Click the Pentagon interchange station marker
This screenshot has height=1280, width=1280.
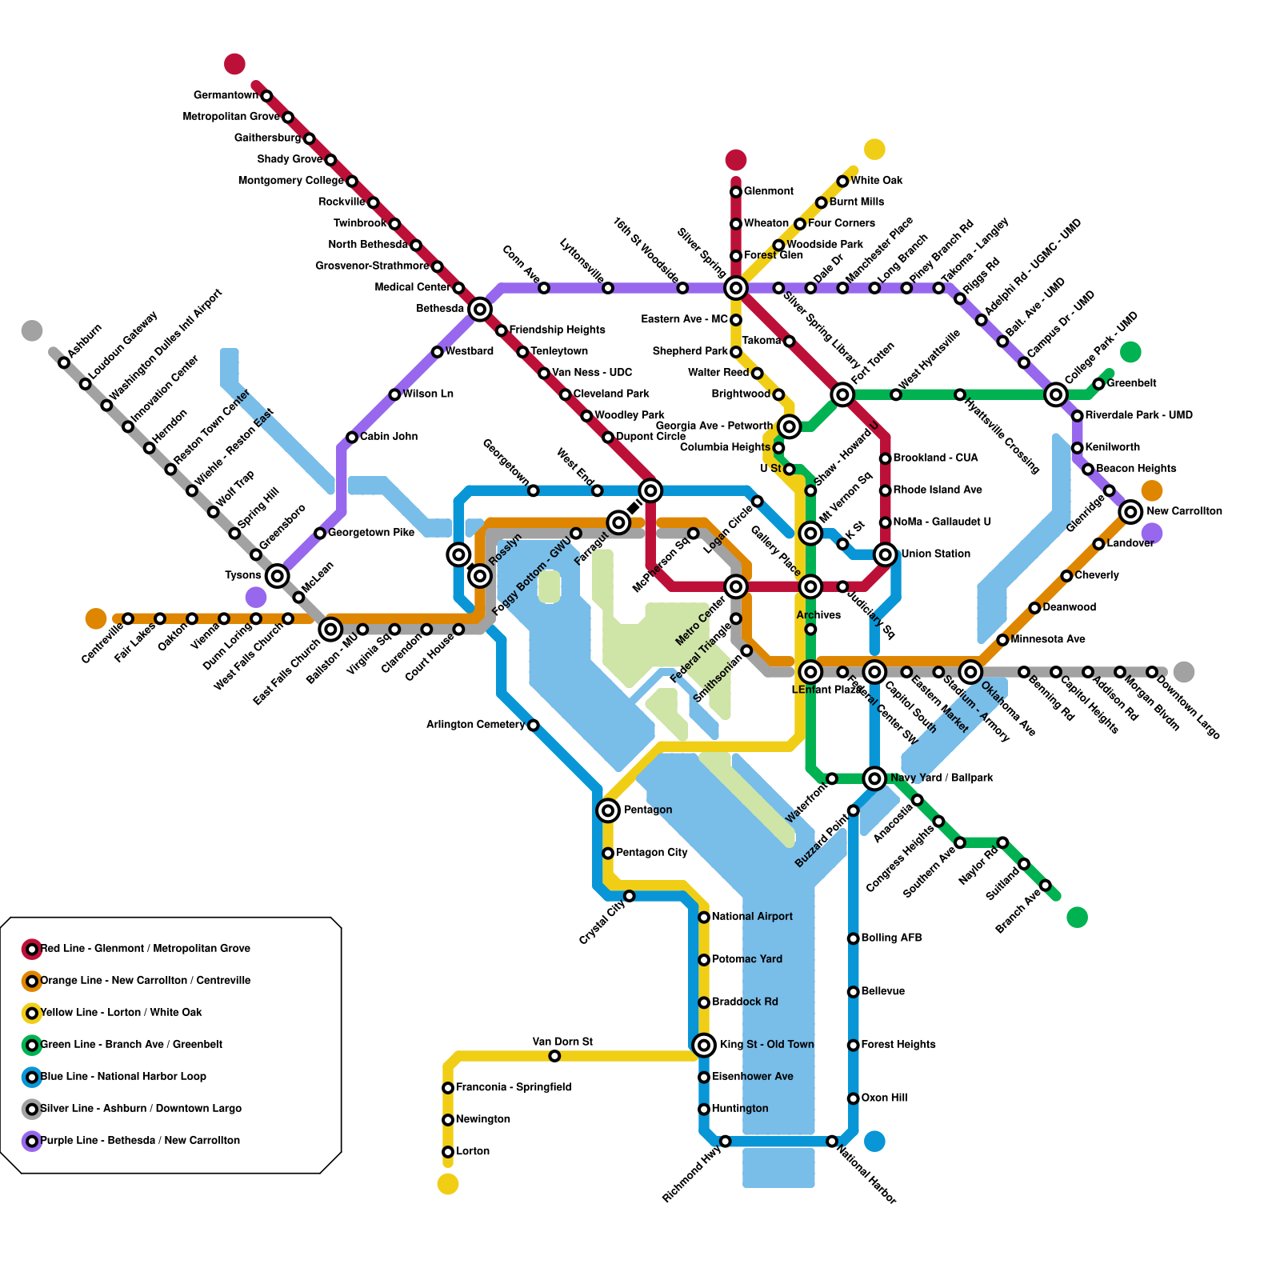(x=608, y=811)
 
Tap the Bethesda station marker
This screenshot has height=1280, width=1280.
(x=480, y=309)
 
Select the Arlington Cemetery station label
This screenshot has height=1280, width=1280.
(x=475, y=725)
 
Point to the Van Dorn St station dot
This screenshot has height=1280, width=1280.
(x=554, y=1057)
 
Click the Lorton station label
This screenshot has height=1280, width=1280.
(x=473, y=1151)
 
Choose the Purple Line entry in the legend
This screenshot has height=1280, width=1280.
(x=140, y=1141)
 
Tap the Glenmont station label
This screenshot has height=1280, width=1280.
(x=769, y=191)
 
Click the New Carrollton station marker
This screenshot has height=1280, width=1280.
(x=1130, y=511)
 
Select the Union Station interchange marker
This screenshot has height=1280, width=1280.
(x=885, y=554)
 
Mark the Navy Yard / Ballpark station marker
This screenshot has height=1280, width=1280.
(x=875, y=778)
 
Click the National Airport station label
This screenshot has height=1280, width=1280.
(x=752, y=917)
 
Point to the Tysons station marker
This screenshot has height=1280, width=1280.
(x=277, y=575)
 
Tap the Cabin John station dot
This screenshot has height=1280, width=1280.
(x=352, y=437)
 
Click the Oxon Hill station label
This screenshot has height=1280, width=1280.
(x=884, y=1098)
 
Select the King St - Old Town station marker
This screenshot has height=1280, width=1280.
(x=704, y=1045)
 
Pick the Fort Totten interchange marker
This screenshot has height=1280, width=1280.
(x=842, y=394)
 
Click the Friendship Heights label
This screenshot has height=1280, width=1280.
(x=557, y=330)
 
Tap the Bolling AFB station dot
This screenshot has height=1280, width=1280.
(x=854, y=938)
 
